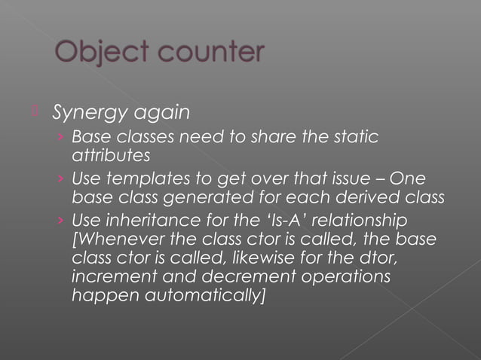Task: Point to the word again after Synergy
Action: (x=160, y=114)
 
